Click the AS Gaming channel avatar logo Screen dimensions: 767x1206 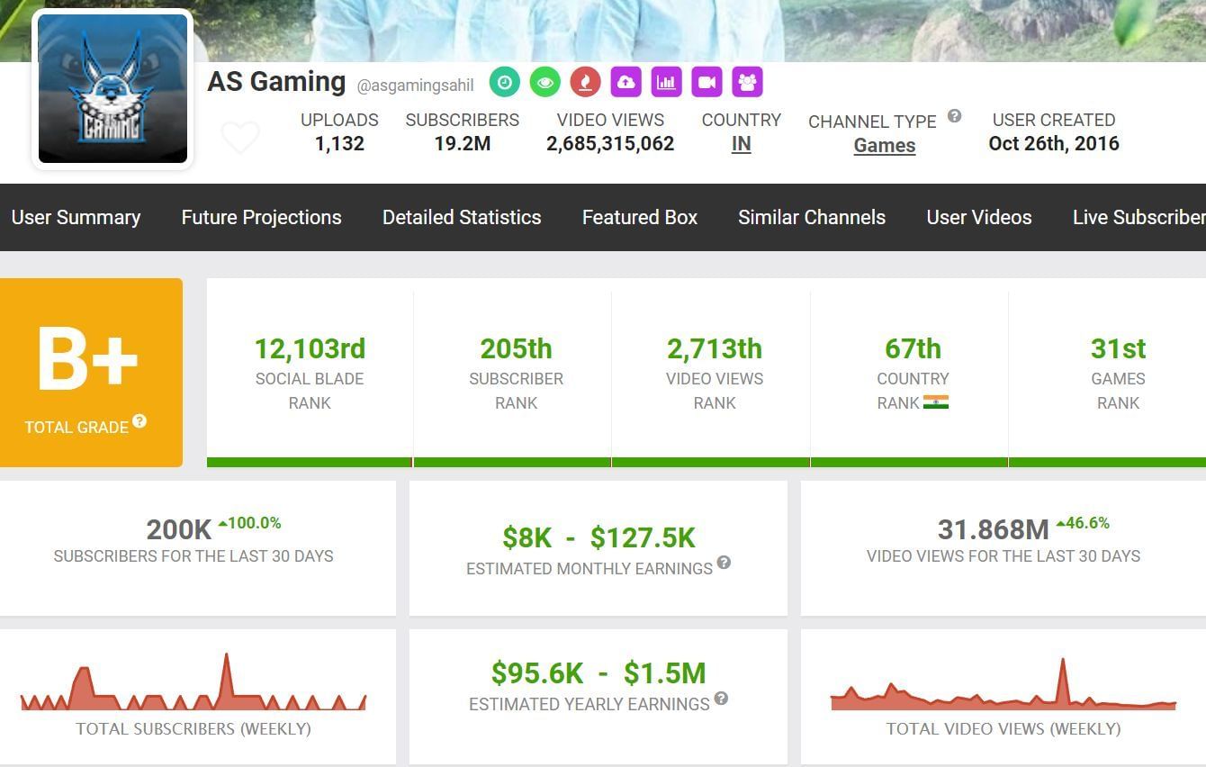(x=112, y=89)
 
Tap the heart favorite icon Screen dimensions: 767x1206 (x=240, y=138)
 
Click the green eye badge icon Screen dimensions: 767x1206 (x=544, y=82)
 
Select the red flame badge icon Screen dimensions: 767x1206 (x=585, y=82)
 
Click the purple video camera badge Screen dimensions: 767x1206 (x=706, y=82)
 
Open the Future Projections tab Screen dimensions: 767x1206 (x=261, y=217)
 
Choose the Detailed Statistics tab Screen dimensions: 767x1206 (x=462, y=217)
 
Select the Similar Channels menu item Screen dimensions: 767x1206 (x=812, y=217)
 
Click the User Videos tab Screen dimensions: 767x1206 (x=979, y=217)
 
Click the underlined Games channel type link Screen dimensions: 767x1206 (x=884, y=146)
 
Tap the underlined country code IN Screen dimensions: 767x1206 (x=741, y=144)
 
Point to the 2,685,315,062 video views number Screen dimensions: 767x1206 (x=610, y=143)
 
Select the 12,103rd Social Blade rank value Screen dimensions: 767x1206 (x=310, y=348)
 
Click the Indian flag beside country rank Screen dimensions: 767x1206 (x=936, y=402)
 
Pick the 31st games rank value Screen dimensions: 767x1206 (x=1118, y=348)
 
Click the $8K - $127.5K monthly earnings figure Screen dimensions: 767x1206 (x=598, y=537)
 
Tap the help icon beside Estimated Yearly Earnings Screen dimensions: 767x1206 (x=721, y=699)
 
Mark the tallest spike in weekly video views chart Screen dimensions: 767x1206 (x=1063, y=663)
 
